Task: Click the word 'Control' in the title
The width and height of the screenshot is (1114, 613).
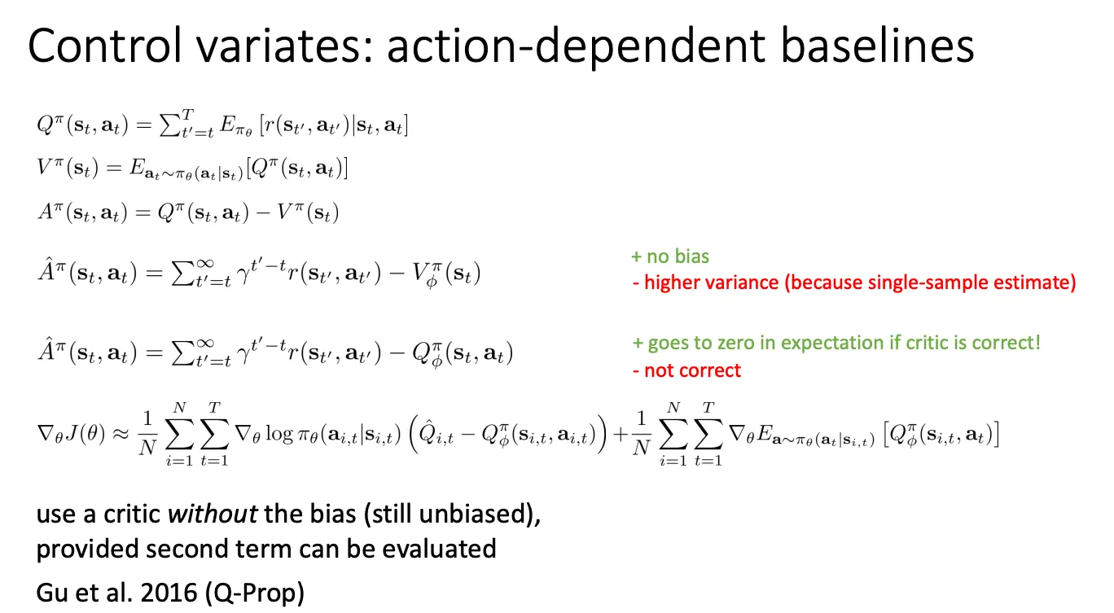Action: tap(105, 46)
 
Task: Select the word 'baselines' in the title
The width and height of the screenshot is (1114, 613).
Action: tap(877, 46)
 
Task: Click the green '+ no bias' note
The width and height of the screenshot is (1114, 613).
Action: tap(670, 256)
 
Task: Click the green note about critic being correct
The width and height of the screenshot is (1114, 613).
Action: tap(836, 343)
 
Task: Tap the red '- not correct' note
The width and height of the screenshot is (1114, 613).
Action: tap(686, 370)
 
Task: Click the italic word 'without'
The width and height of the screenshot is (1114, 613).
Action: tap(213, 514)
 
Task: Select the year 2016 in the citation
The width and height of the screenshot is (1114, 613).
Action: tap(169, 593)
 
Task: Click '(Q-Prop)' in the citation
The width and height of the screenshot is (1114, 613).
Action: tap(254, 593)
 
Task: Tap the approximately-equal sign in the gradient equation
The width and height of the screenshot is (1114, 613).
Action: tap(121, 434)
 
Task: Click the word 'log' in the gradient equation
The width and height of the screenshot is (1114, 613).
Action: tap(279, 435)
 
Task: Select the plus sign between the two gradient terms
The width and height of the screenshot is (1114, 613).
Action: tap(621, 435)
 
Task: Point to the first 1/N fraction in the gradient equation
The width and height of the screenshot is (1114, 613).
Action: tap(147, 434)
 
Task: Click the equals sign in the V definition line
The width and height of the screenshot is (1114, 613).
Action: tap(113, 168)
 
